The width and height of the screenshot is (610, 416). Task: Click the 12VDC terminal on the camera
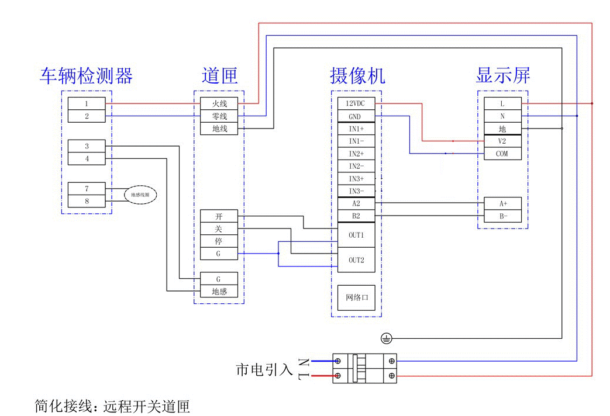[356, 103]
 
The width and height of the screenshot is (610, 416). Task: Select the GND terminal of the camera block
[356, 116]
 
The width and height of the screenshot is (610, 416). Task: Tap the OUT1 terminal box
[356, 235]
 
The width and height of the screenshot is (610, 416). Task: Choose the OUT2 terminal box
[356, 260]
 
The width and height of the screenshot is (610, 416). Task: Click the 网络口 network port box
[356, 297]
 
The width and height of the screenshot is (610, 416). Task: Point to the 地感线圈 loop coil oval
[140, 195]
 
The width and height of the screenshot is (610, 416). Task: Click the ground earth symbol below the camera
[385, 338]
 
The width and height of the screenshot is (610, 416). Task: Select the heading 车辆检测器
[87, 76]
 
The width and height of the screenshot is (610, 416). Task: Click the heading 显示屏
[503, 75]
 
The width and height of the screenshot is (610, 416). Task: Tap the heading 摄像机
[357, 76]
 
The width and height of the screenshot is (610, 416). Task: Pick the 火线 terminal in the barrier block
[219, 103]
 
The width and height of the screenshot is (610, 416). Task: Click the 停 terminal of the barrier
[219, 241]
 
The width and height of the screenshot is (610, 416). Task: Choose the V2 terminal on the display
[502, 141]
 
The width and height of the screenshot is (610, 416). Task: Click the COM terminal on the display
[502, 154]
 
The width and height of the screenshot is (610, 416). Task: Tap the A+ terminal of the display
[502, 204]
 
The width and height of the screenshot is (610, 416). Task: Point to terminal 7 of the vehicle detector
[87, 189]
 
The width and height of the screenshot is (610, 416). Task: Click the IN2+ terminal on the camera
[356, 154]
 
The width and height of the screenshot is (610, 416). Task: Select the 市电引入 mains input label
[264, 369]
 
